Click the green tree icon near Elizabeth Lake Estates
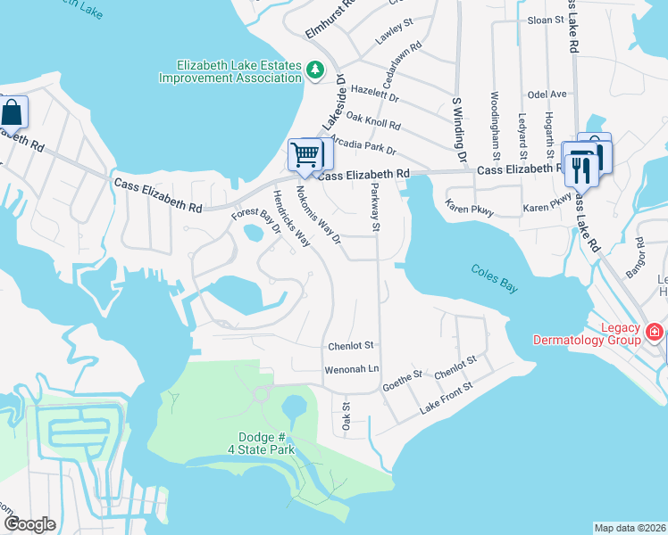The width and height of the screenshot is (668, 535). (x=314, y=70)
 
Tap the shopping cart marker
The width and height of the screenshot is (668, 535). (x=305, y=154)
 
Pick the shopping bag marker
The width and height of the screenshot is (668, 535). (x=13, y=113)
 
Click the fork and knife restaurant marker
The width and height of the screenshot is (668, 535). (x=578, y=164)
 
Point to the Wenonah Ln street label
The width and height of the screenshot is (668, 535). (x=352, y=368)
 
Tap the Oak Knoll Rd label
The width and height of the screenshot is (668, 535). (x=373, y=122)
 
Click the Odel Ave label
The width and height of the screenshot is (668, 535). (x=547, y=94)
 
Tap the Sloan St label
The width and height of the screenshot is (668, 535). (x=547, y=19)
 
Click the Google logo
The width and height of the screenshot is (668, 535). (x=30, y=524)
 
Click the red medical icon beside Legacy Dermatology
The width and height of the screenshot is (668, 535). (x=655, y=333)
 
